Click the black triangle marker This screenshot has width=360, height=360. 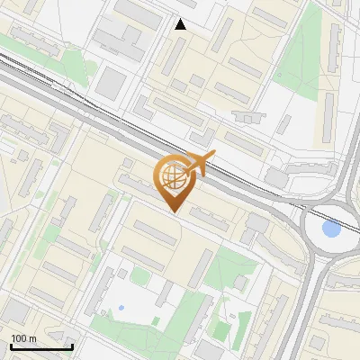point(181,24)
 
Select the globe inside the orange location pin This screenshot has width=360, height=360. point(174,177)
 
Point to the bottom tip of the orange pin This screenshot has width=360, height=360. point(175,211)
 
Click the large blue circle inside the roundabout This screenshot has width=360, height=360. point(331,229)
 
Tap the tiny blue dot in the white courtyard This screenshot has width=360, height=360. point(121,308)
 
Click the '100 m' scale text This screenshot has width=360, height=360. point(24,338)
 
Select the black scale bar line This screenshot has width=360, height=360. point(41,346)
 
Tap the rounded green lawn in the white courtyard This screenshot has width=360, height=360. point(139,275)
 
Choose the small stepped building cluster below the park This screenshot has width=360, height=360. point(245,116)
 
